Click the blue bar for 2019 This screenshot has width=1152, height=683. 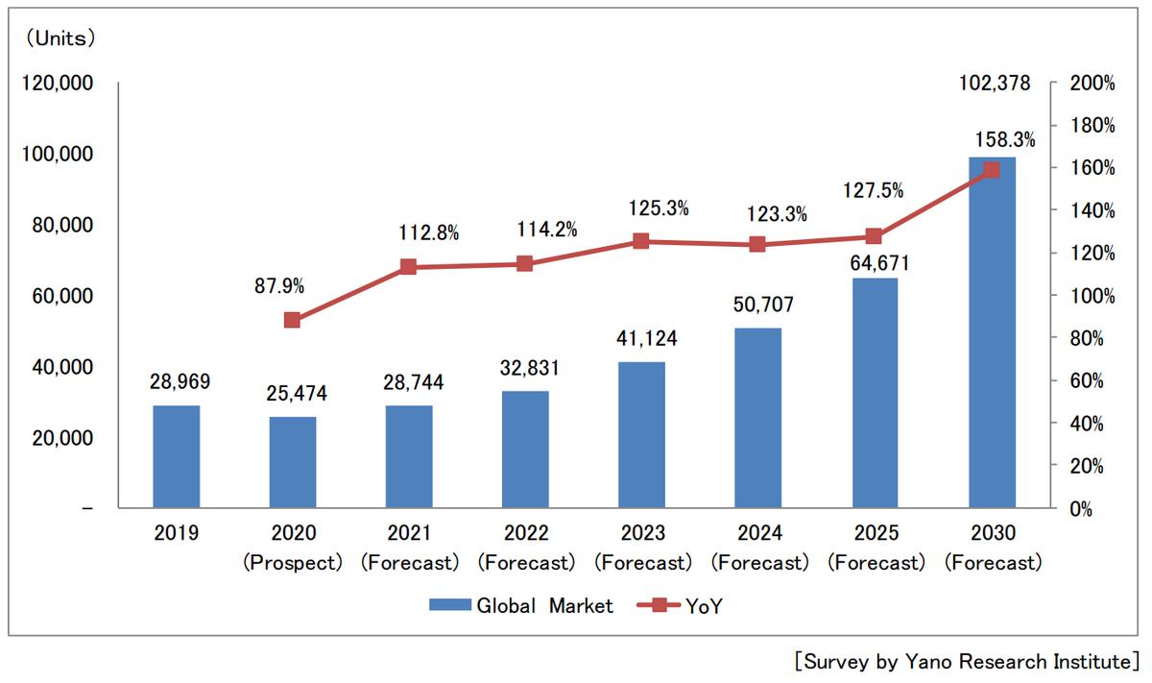pos(177,456)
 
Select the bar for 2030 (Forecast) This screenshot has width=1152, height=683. pos(992,332)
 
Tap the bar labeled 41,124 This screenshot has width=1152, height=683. pos(641,434)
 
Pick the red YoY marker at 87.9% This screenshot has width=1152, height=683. pos(293,320)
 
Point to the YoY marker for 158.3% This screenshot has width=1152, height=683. pos(992,170)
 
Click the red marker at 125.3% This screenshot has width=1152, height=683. pos(641,241)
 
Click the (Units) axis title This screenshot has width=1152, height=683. pos(60,38)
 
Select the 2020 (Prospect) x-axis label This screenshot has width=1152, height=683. pos(293,549)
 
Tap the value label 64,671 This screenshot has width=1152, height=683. pos(875,262)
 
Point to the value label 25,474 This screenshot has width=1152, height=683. pos(293,393)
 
